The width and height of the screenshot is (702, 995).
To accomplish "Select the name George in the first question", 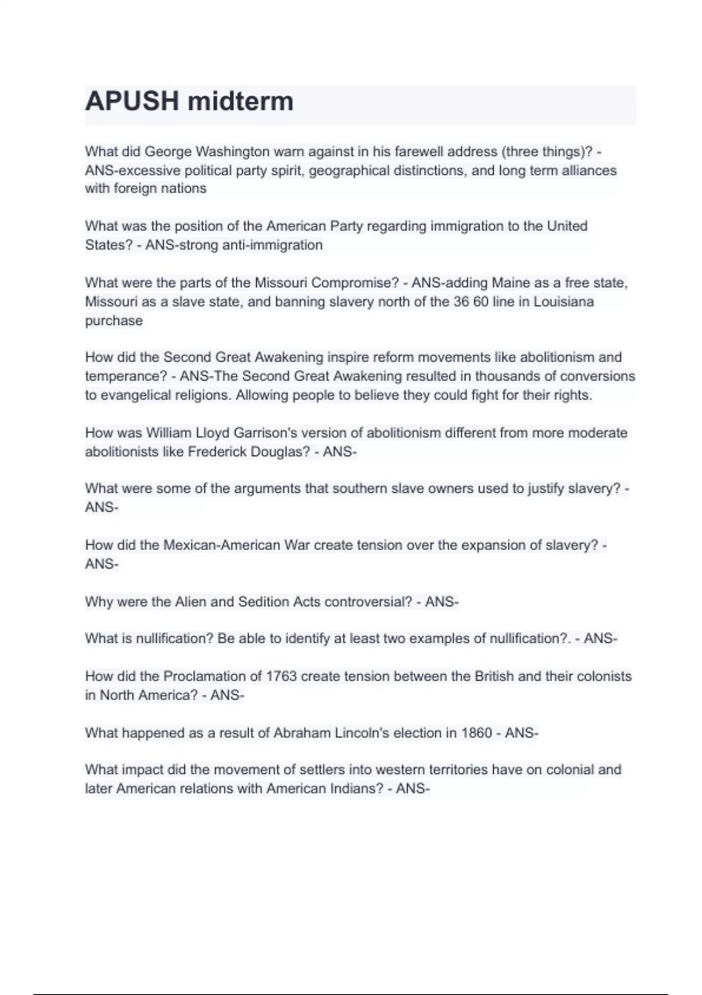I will [168, 152].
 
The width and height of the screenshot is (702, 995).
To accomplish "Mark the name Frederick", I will [216, 452].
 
